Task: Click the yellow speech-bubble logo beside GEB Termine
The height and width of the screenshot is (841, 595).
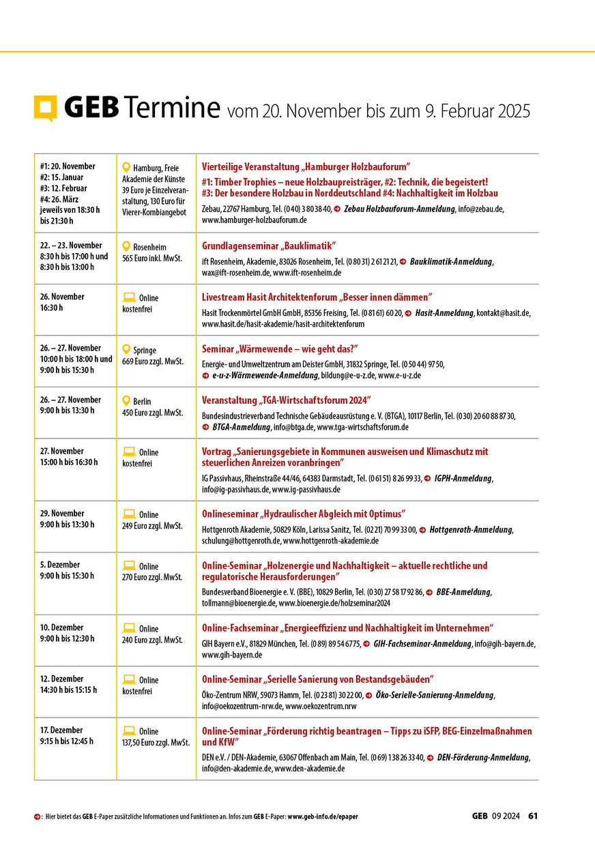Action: point(46,108)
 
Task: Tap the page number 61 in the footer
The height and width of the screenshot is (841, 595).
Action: point(534,816)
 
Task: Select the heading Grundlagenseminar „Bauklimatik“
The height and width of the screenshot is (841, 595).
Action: point(269,246)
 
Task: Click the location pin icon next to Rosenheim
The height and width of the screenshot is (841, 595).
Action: point(126,246)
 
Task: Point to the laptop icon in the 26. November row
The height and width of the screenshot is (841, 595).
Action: point(128,297)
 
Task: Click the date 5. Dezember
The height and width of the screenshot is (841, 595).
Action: point(60,565)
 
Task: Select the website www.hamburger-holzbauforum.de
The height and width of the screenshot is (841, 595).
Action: point(254,220)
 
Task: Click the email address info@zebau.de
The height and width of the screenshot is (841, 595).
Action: point(480,209)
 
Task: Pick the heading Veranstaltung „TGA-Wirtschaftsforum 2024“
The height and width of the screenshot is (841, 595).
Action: point(287,400)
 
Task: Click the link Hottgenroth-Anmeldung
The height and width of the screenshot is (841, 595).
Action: point(471,530)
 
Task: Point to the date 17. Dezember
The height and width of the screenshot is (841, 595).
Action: point(61,730)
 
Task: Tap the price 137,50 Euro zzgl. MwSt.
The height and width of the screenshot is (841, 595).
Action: point(156,743)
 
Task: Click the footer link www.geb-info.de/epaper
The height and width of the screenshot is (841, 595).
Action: point(322,816)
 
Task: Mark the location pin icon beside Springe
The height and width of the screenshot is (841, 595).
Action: point(126,349)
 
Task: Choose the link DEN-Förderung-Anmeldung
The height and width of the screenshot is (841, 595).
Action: point(483,757)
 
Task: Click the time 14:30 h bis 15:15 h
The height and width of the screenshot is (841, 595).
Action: point(68,690)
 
